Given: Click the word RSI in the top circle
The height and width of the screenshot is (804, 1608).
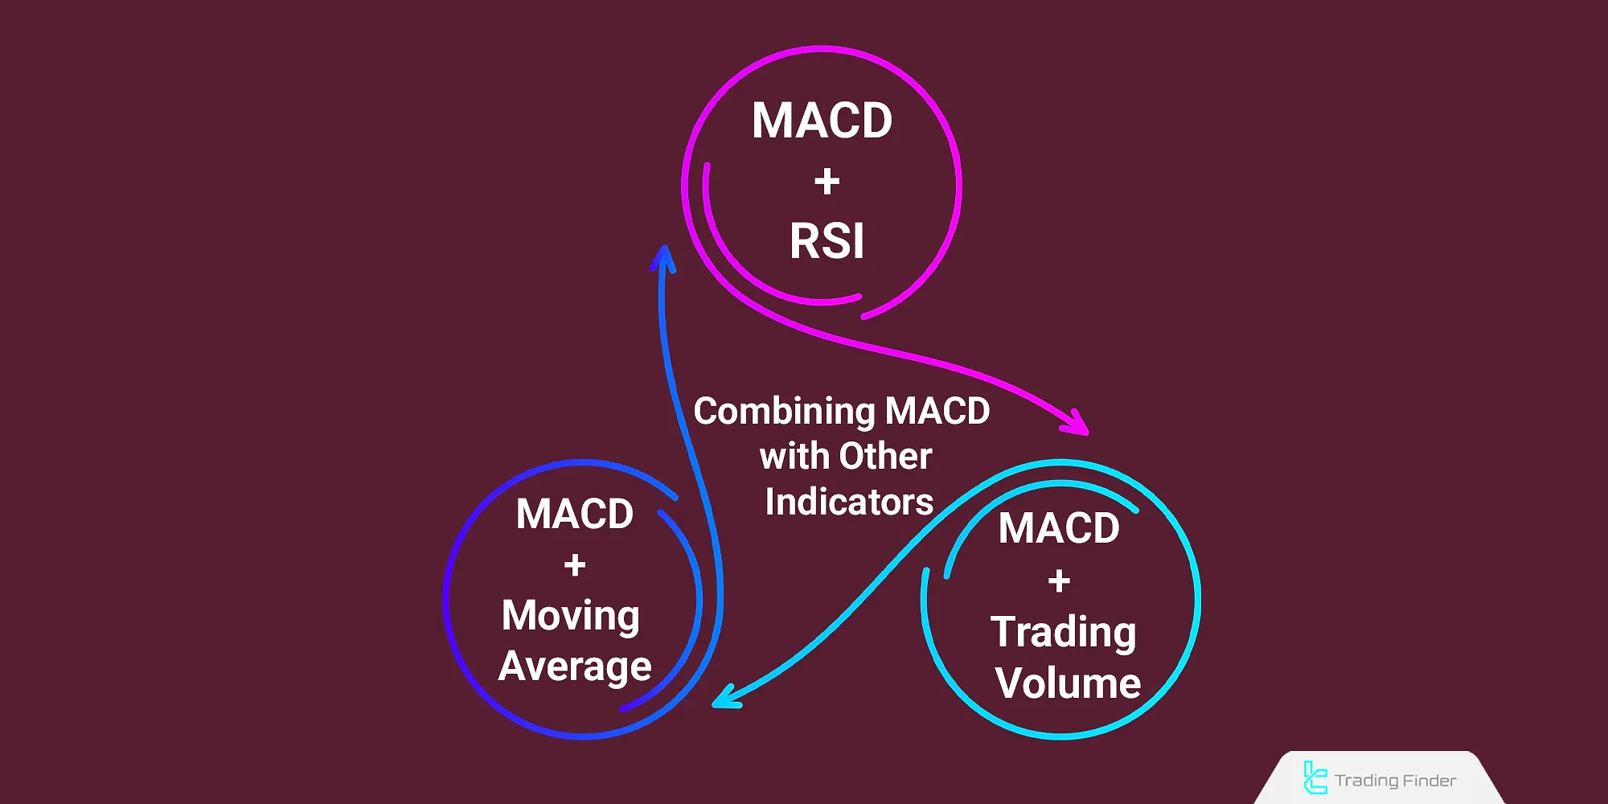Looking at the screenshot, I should tap(827, 241).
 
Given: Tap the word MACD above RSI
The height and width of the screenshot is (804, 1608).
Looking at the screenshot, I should tap(822, 121).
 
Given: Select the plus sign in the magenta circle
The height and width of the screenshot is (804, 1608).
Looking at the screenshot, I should tap(827, 182).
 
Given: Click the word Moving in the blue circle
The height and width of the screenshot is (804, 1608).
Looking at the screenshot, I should tap(571, 616).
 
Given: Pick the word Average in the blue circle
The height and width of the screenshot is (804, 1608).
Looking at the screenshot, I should tap(574, 667).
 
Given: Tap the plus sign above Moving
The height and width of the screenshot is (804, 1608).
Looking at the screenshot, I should tap(574, 565).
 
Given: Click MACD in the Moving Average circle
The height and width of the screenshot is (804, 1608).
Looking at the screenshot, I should tap(574, 514).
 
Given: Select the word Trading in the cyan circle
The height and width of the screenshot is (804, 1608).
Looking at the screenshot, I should tap(1063, 632).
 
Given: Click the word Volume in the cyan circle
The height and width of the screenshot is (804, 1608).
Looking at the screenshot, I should tap(1067, 683).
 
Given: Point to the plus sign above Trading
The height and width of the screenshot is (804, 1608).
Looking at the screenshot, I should tap(1059, 580).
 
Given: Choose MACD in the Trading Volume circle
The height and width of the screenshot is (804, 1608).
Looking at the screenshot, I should tap(1059, 528).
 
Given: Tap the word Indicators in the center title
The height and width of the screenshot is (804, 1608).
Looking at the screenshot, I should tap(849, 503).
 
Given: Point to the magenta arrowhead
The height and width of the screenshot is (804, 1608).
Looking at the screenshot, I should tap(1077, 423).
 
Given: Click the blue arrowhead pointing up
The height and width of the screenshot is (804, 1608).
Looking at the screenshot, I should tap(663, 257).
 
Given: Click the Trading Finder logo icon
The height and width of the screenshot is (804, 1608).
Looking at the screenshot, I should tap(1315, 777).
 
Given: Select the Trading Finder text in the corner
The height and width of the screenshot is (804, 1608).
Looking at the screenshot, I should tap(1395, 781).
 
